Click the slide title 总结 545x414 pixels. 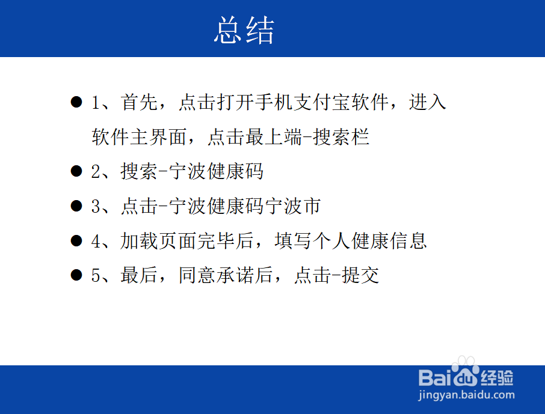pyautogui.click(x=244, y=30)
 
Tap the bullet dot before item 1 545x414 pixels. pyautogui.click(x=76, y=102)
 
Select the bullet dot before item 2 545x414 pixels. pyautogui.click(x=76, y=172)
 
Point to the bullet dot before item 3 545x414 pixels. pyautogui.click(x=76, y=207)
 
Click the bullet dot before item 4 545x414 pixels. pyautogui.click(x=76, y=241)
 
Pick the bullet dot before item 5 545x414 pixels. pyautogui.click(x=76, y=276)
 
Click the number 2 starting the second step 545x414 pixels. pyautogui.click(x=96, y=172)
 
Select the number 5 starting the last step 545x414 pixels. pyautogui.click(x=96, y=276)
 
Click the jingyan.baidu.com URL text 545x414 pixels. pyautogui.click(x=466, y=395)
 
